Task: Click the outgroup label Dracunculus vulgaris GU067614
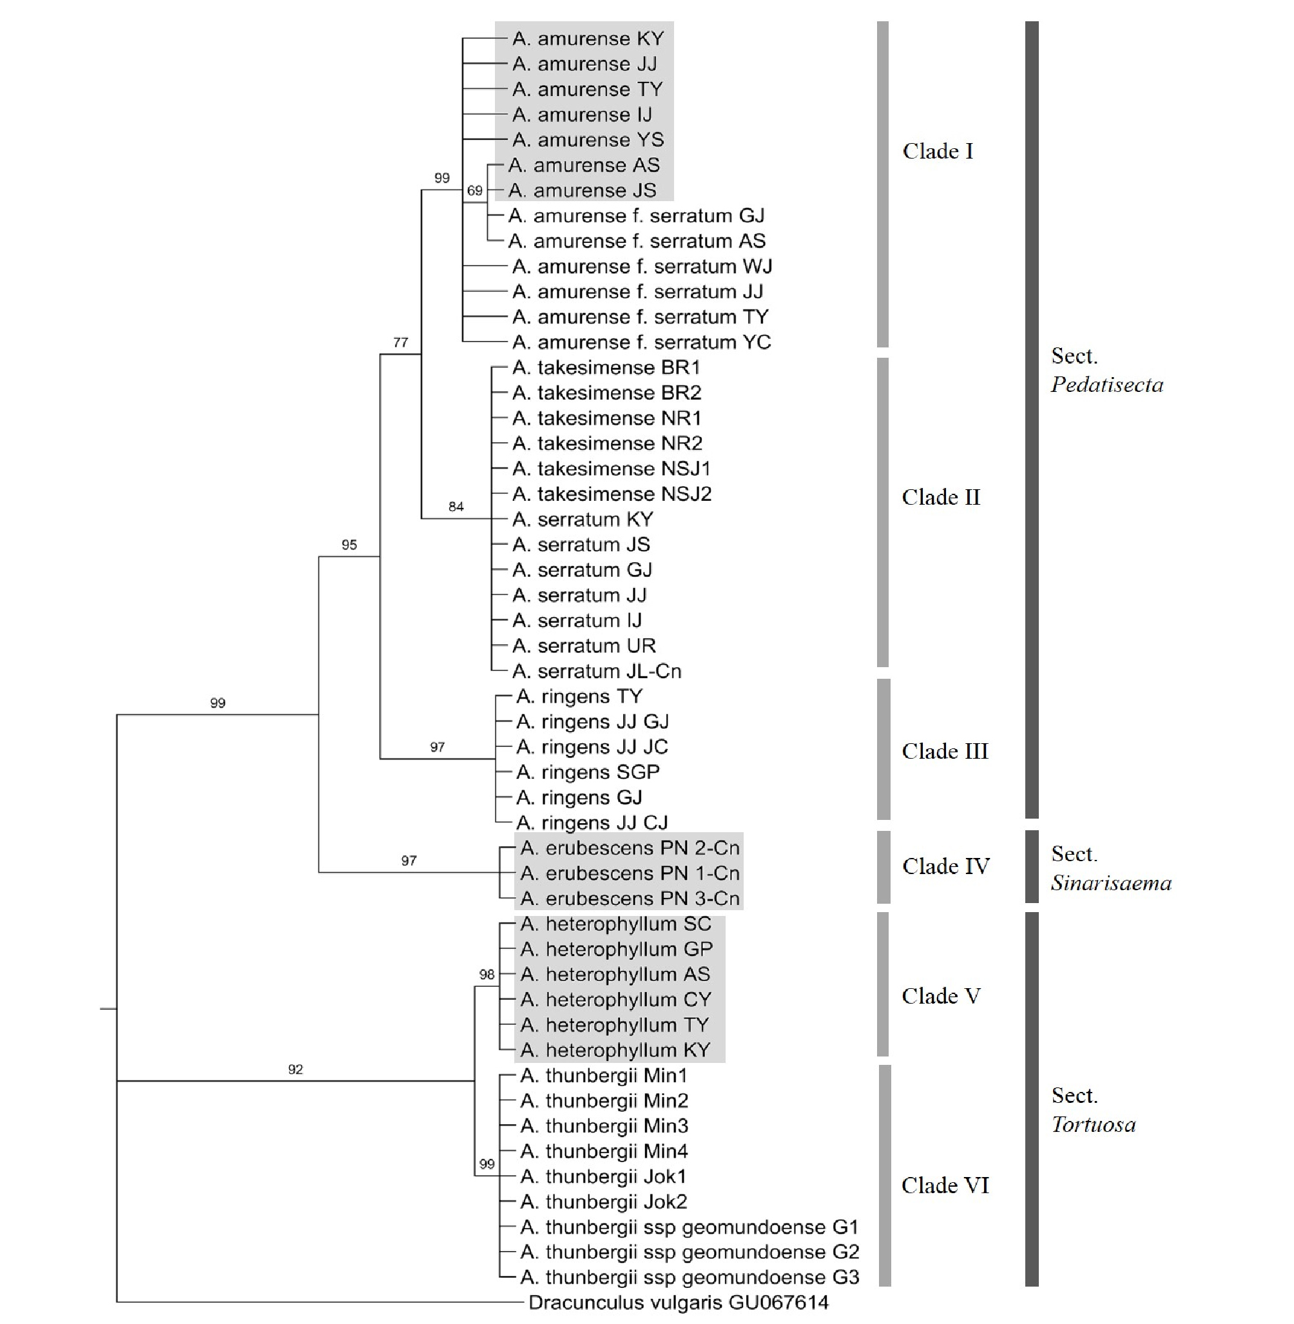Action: point(679,1302)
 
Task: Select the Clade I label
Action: point(938,151)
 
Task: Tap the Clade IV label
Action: point(945,866)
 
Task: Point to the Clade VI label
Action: point(945,1185)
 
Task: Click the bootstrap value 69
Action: point(474,190)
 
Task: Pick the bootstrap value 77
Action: point(400,342)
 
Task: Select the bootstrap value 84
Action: point(456,507)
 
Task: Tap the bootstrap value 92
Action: point(295,1069)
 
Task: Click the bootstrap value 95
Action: point(349,545)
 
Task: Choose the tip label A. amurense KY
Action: point(588,39)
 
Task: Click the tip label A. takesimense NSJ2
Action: point(612,494)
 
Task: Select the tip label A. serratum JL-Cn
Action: point(597,671)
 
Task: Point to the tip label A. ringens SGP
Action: point(588,772)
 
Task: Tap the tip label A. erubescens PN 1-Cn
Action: point(630,873)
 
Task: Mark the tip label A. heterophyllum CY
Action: point(615,1000)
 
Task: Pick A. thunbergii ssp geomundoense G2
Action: point(690,1252)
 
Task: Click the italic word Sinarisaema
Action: point(1111,883)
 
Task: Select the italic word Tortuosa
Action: point(1094,1125)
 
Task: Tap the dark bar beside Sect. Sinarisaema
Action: point(1032,866)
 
